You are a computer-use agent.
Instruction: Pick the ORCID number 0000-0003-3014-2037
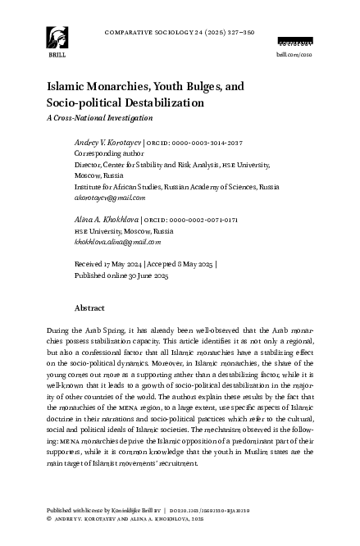[x=197, y=142]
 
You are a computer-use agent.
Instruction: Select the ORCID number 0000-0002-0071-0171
[x=197, y=220]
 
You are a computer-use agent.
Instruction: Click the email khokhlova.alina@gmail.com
[x=117, y=242]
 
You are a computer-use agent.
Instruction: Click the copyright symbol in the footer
[x=49, y=519]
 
